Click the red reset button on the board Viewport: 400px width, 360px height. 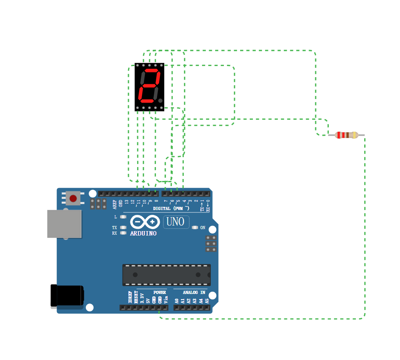tap(73, 198)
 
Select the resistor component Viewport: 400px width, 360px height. tap(346, 135)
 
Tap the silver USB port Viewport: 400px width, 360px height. tap(64, 224)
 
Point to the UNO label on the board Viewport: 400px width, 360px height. tap(176, 222)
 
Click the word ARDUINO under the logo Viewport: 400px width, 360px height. tap(143, 234)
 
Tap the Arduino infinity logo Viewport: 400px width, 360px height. tap(145, 222)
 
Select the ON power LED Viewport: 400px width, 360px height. tap(194, 228)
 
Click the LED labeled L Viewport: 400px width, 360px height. tap(123, 217)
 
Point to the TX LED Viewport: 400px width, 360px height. tap(123, 228)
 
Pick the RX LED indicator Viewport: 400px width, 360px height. tap(123, 233)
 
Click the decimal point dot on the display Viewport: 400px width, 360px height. tap(160, 101)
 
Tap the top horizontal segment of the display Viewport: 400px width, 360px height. tap(151, 71)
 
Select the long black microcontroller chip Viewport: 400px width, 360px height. tap(166, 275)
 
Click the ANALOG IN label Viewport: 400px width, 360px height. tap(194, 292)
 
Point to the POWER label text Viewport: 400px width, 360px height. tap(159, 292)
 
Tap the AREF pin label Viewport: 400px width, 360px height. tap(115, 204)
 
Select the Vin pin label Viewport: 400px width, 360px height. tap(166, 299)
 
